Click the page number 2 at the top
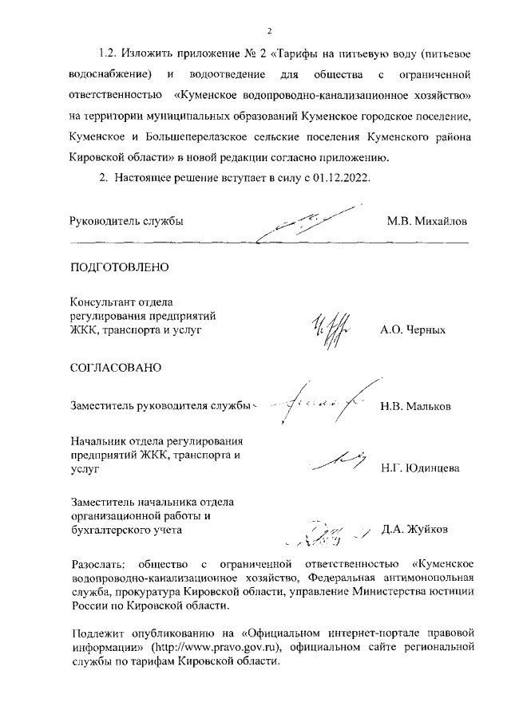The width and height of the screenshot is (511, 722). tap(269, 31)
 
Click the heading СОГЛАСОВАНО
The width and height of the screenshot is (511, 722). tap(117, 368)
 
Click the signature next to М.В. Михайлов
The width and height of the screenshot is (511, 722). tap(307, 224)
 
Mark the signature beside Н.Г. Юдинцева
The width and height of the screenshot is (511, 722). tap(335, 461)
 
